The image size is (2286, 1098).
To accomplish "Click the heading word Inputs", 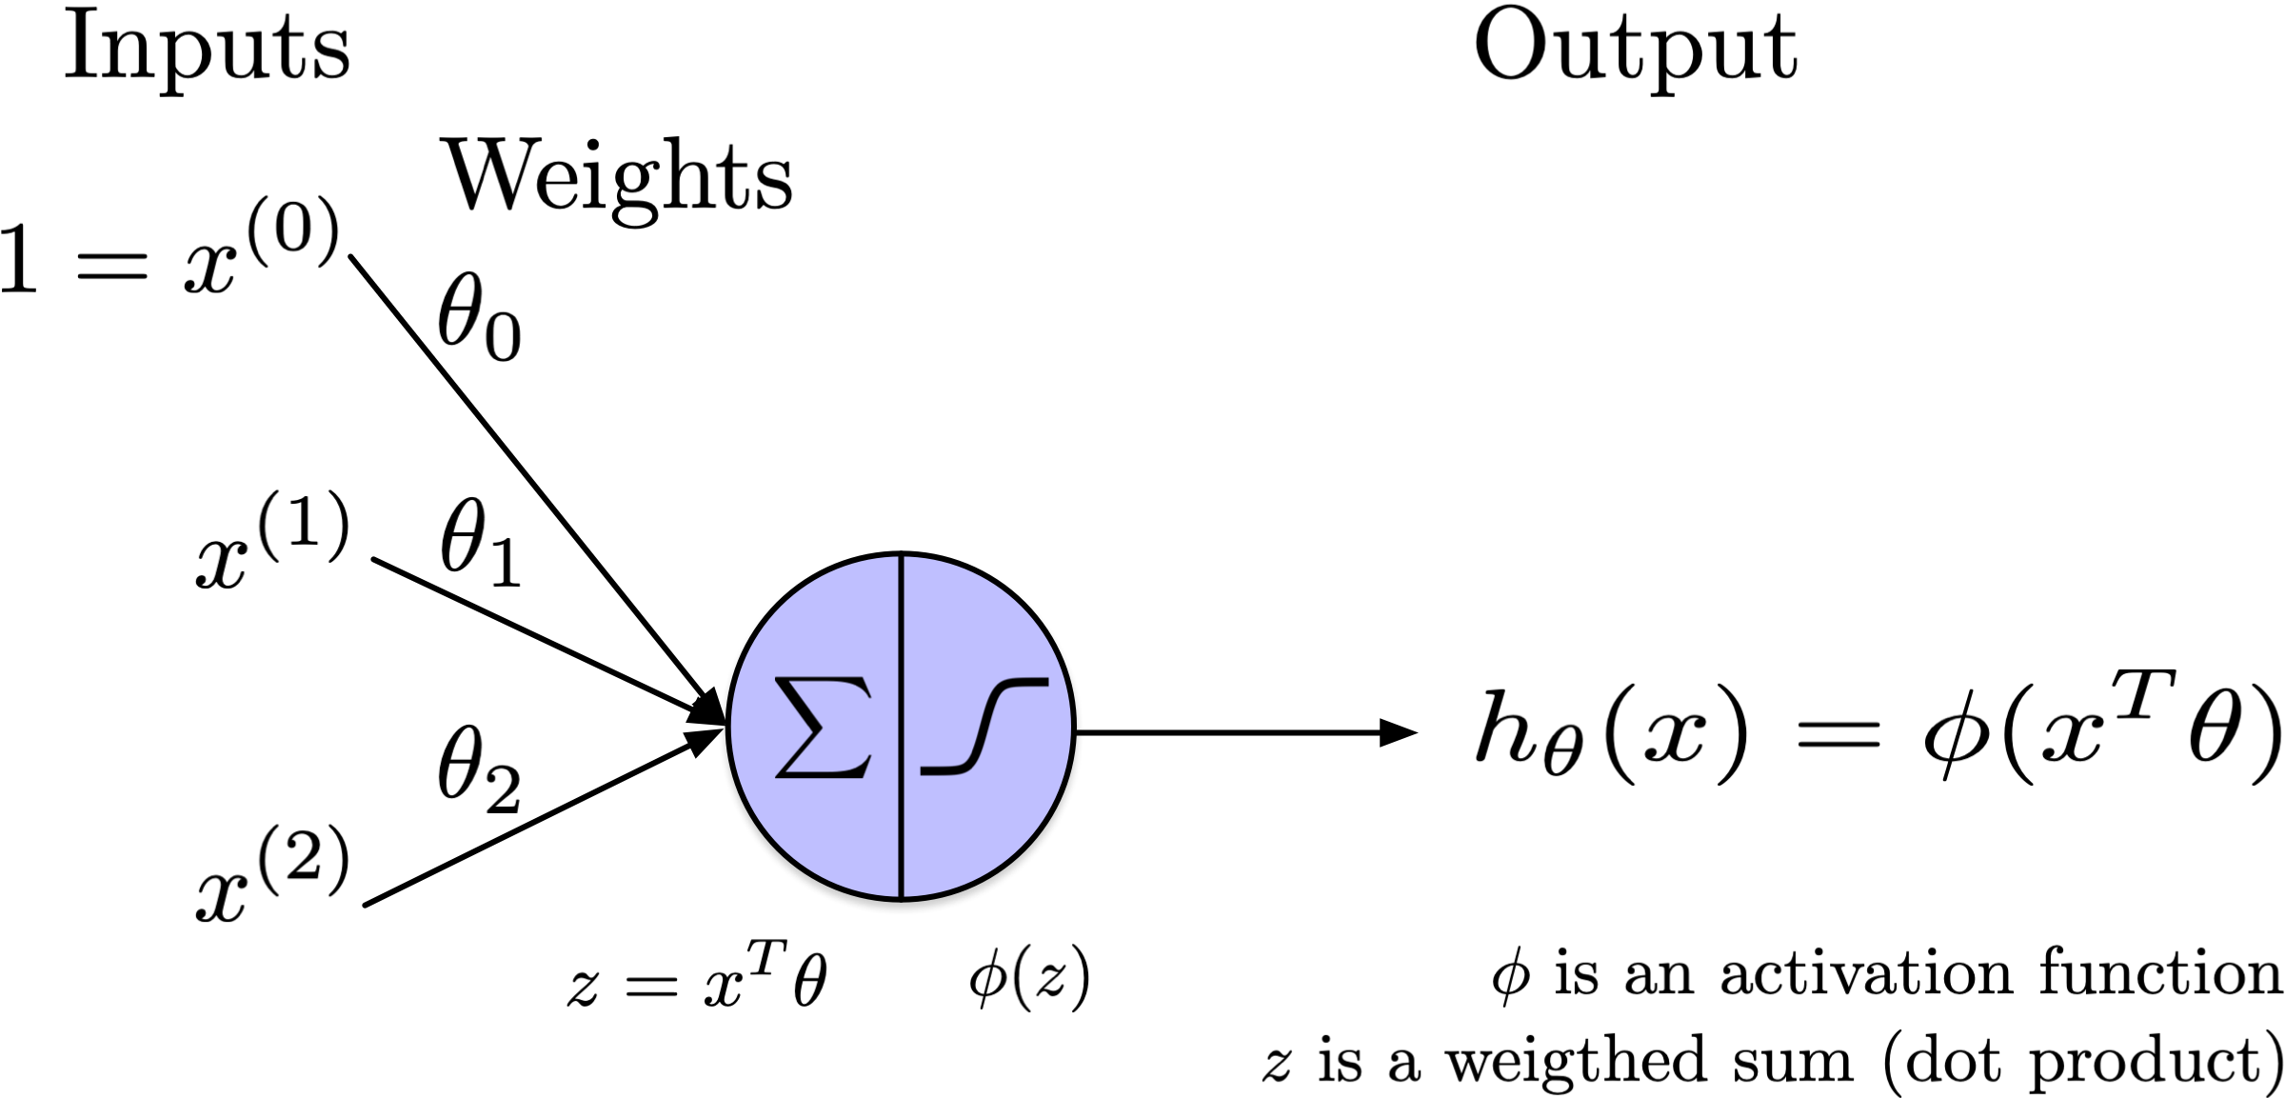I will click(207, 50).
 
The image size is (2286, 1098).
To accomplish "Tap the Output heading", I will click(1635, 50).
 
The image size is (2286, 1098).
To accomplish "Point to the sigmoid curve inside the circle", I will click(984, 726).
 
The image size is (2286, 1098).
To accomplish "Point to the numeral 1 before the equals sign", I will click(19, 259).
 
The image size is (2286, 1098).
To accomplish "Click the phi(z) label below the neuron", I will click(1029, 978).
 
